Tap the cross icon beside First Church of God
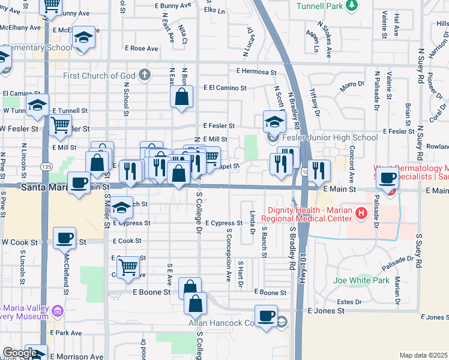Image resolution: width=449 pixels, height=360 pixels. pos(143,76)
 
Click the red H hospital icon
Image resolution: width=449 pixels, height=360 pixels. pos(361,212)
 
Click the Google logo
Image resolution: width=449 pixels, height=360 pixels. pos(20,353)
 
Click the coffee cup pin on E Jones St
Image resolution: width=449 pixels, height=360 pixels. pos(266,316)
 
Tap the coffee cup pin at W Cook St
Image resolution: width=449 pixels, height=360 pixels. pos(64,238)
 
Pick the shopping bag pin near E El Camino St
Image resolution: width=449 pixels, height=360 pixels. pos(181,96)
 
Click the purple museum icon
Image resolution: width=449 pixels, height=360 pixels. pos(58,311)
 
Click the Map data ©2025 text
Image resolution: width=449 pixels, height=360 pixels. pos(423,355)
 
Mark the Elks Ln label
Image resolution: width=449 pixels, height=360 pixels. pos(214,11)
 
